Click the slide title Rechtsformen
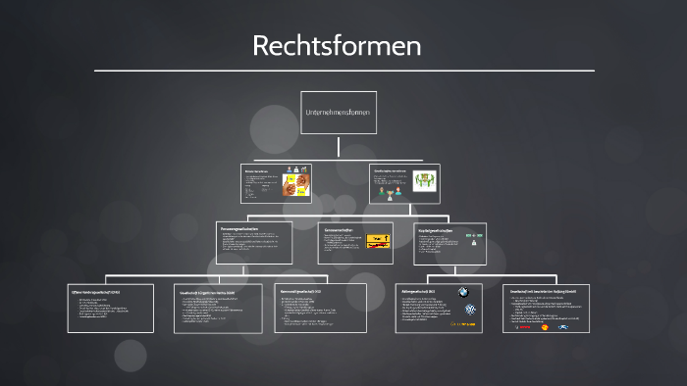337,45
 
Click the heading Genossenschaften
339,230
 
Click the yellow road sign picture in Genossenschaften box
378,241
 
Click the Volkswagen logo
471,310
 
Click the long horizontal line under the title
343,71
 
